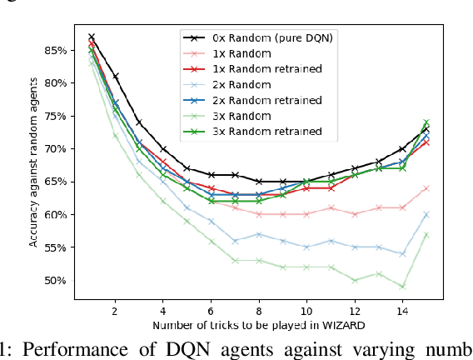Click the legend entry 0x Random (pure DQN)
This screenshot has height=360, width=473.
point(262,37)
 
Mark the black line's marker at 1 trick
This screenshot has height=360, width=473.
point(92,37)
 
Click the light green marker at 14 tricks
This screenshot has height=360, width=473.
point(402,287)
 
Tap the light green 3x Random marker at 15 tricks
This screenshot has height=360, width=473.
point(426,234)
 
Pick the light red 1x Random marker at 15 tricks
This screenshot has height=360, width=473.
point(426,188)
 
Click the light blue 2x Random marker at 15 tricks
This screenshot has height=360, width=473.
point(426,214)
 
